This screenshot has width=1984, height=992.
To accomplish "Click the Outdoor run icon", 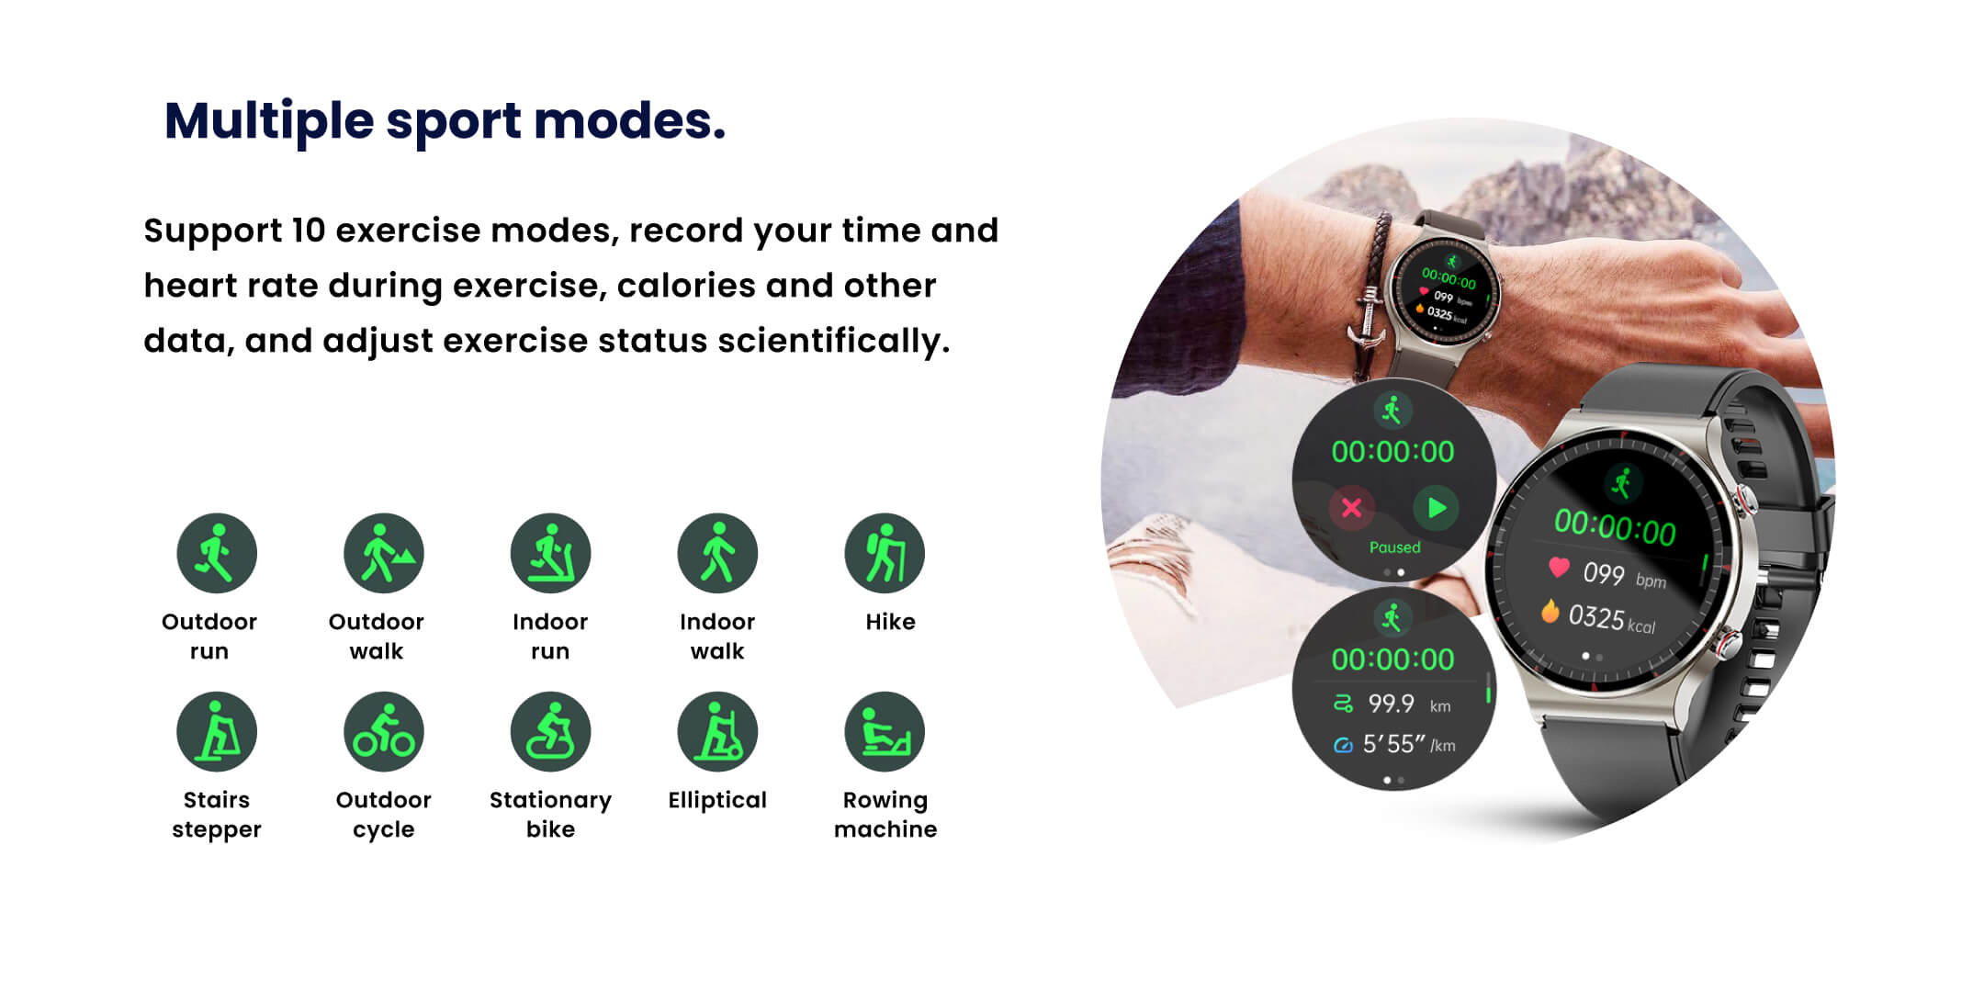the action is (217, 553).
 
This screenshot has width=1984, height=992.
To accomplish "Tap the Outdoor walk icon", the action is (384, 553).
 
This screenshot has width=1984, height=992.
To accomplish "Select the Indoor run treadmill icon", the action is (551, 553).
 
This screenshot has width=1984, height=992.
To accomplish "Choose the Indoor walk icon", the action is (717, 553).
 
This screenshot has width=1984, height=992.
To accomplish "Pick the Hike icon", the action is (885, 553).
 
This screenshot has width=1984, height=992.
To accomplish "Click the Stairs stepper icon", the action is (217, 732).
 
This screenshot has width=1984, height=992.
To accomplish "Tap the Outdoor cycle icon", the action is (384, 732).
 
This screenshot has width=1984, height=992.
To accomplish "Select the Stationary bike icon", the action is (551, 732).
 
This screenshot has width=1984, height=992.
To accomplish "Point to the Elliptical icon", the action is (717, 732).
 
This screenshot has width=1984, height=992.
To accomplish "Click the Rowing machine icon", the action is (885, 732).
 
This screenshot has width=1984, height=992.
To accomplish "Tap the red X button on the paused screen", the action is (1352, 508).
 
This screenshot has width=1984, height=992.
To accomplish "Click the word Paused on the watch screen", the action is (1394, 547).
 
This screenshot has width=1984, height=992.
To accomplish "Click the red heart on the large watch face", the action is (1559, 567).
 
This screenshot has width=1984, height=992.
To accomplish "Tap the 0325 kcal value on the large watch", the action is (1611, 619).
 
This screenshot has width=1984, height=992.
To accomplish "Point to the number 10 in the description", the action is (308, 230).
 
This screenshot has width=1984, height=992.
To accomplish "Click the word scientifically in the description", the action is (834, 341).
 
